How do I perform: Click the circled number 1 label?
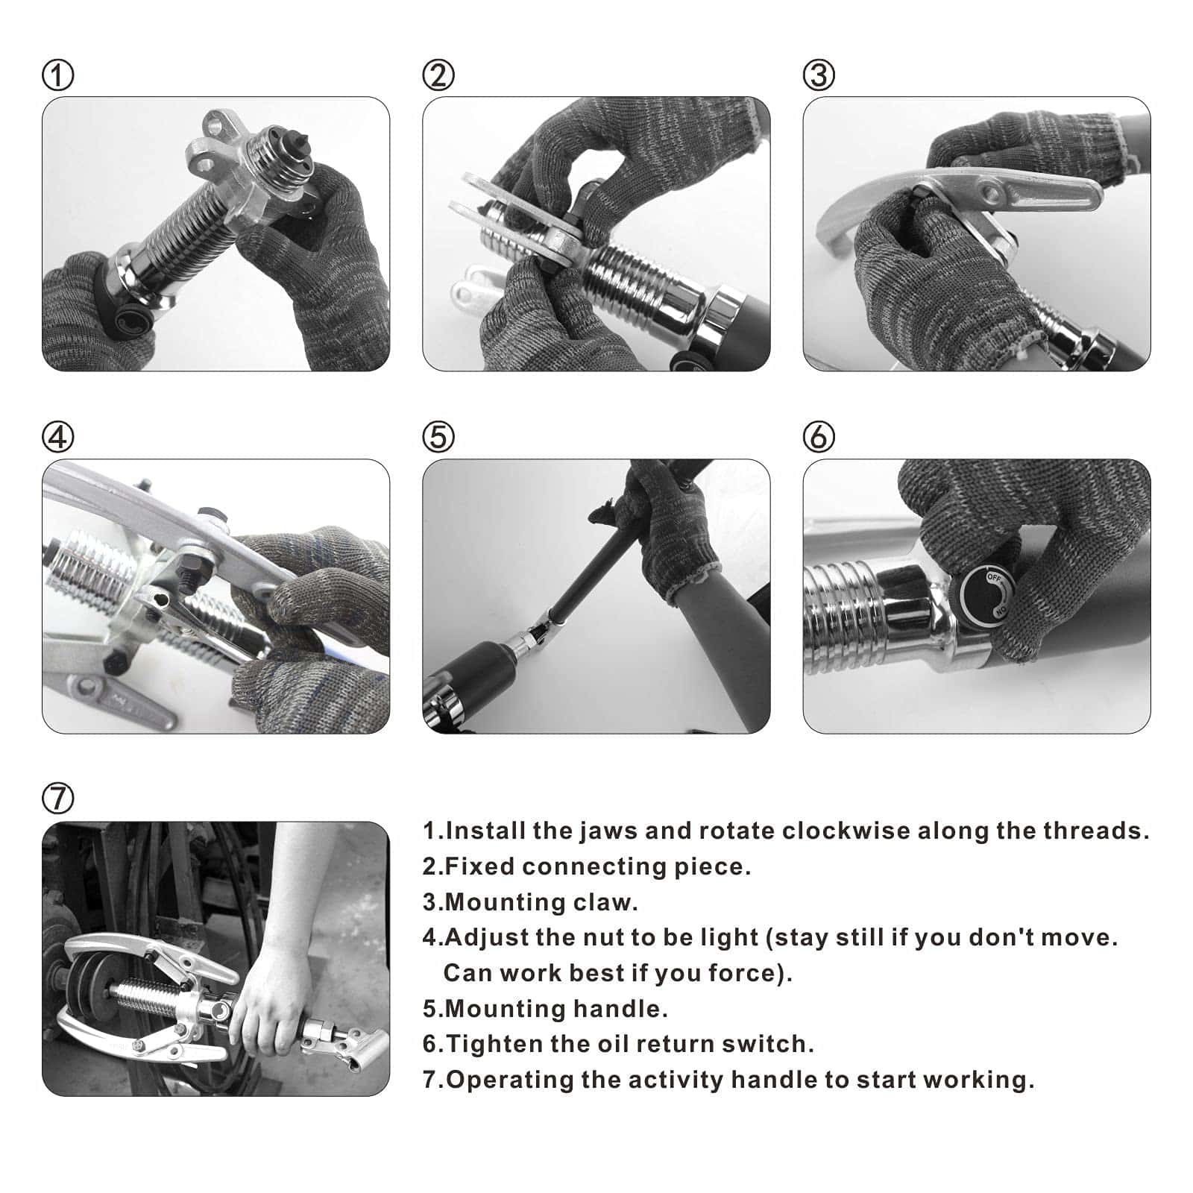58,75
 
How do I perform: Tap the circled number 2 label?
438,75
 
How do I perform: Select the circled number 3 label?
819,75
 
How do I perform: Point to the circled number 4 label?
58,437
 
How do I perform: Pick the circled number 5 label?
438,437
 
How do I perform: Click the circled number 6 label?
819,437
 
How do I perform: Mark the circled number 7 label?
58,799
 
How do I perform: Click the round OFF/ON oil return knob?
986,594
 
